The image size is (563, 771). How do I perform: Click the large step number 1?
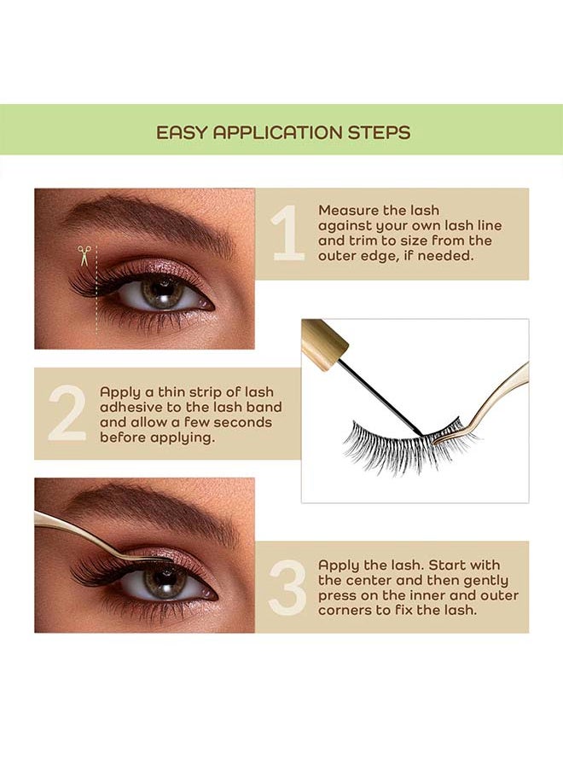click(288, 232)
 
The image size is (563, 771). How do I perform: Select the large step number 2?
click(67, 413)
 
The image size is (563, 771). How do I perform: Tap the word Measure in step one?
click(349, 210)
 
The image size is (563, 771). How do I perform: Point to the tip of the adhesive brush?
click(420, 432)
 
